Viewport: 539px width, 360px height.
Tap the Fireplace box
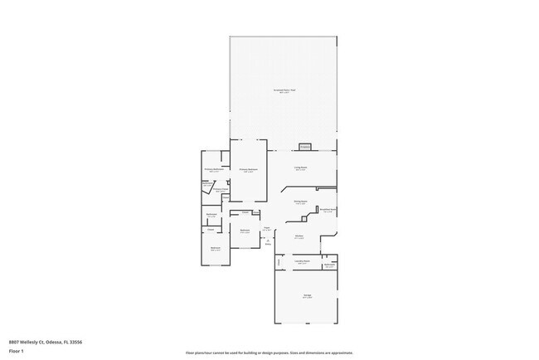tap(305, 147)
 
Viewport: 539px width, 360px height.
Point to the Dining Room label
tap(300, 202)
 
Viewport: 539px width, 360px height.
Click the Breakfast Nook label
tap(328, 210)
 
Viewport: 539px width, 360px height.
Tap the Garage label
tap(307, 295)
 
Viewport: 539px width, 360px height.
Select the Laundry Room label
tap(303, 262)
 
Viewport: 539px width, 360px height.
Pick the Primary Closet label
tap(221, 190)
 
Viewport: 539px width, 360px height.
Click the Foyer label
tap(268, 228)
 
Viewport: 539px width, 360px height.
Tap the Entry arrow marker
tap(268, 242)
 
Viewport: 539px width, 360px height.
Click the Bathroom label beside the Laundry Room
tap(329, 265)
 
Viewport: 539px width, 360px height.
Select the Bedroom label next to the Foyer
tap(245, 231)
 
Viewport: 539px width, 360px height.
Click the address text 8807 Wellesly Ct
tap(46, 342)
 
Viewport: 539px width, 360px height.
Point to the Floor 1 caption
tap(17, 351)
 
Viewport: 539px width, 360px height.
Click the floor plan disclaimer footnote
tap(269, 353)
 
